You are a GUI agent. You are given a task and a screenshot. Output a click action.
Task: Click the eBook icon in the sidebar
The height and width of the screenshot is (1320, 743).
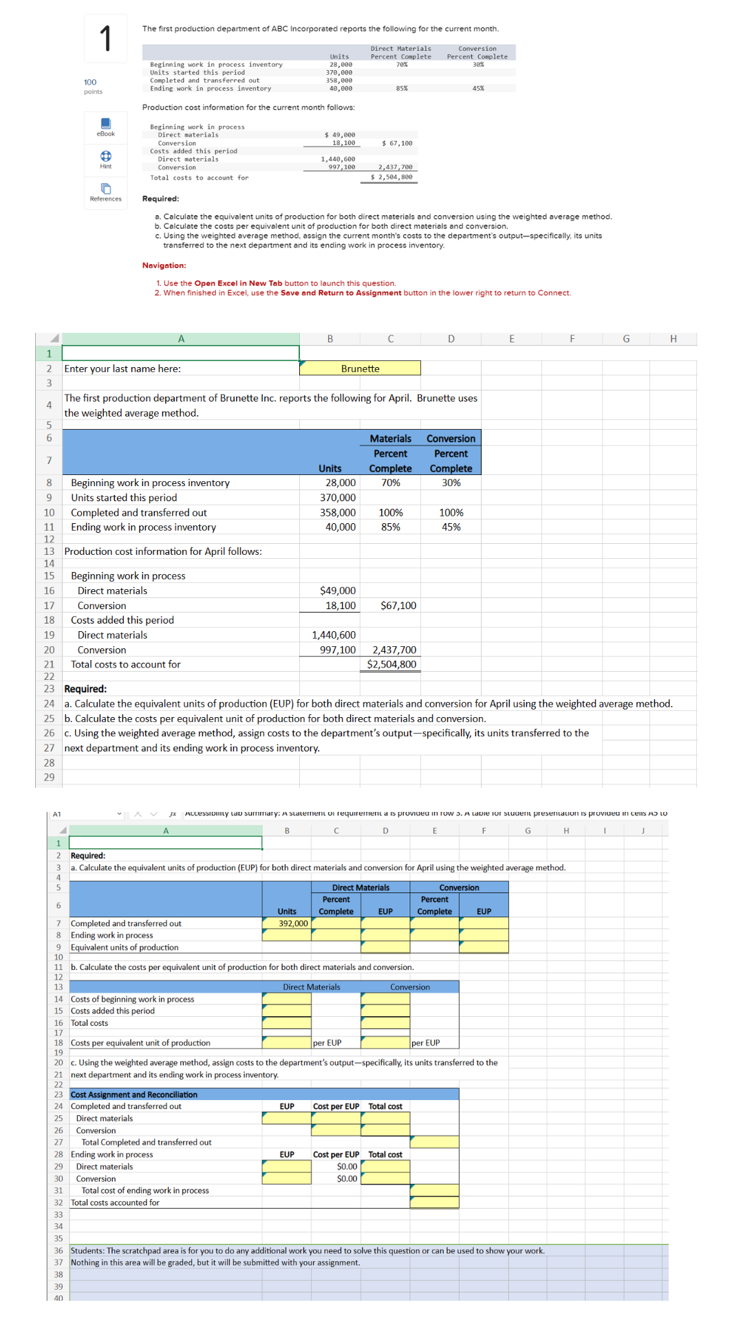pyautogui.click(x=106, y=126)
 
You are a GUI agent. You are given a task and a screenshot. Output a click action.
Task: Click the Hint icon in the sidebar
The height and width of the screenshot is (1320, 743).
pyautogui.click(x=106, y=159)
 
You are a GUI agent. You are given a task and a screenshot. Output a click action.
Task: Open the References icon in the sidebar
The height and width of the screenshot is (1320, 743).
pyautogui.click(x=106, y=191)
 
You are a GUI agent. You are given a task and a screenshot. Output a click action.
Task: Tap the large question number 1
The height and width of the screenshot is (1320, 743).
pyautogui.click(x=105, y=38)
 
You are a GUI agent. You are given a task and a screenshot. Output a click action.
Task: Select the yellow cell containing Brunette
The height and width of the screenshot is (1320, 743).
pyautogui.click(x=360, y=368)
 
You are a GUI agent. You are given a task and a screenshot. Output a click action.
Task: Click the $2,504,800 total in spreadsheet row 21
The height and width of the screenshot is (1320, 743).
pyautogui.click(x=391, y=664)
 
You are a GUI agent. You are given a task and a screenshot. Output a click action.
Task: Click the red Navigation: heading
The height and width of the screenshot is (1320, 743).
pyautogui.click(x=164, y=265)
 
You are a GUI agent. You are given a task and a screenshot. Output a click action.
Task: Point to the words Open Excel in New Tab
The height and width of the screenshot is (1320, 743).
pyautogui.click(x=238, y=283)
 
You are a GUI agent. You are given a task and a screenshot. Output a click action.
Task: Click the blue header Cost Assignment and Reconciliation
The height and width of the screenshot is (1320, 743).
pyautogui.click(x=134, y=1094)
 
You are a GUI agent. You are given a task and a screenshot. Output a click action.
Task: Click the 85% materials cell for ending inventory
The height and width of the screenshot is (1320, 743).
pyautogui.click(x=390, y=527)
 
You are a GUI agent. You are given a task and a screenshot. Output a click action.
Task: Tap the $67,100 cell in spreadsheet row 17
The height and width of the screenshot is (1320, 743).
pyautogui.click(x=398, y=606)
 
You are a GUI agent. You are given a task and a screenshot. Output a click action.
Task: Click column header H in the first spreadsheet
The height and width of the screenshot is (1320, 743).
pyautogui.click(x=673, y=339)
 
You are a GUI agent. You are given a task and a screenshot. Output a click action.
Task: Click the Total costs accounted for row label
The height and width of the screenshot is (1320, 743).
pyautogui.click(x=115, y=1202)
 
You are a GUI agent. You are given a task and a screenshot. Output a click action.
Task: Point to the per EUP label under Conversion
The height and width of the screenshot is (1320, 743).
pyautogui.click(x=425, y=1043)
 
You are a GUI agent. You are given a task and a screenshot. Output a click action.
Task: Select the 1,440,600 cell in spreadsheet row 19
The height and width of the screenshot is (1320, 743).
pyautogui.click(x=334, y=635)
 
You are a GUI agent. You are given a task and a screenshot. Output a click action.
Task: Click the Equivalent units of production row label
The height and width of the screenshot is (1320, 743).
pyautogui.click(x=125, y=947)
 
